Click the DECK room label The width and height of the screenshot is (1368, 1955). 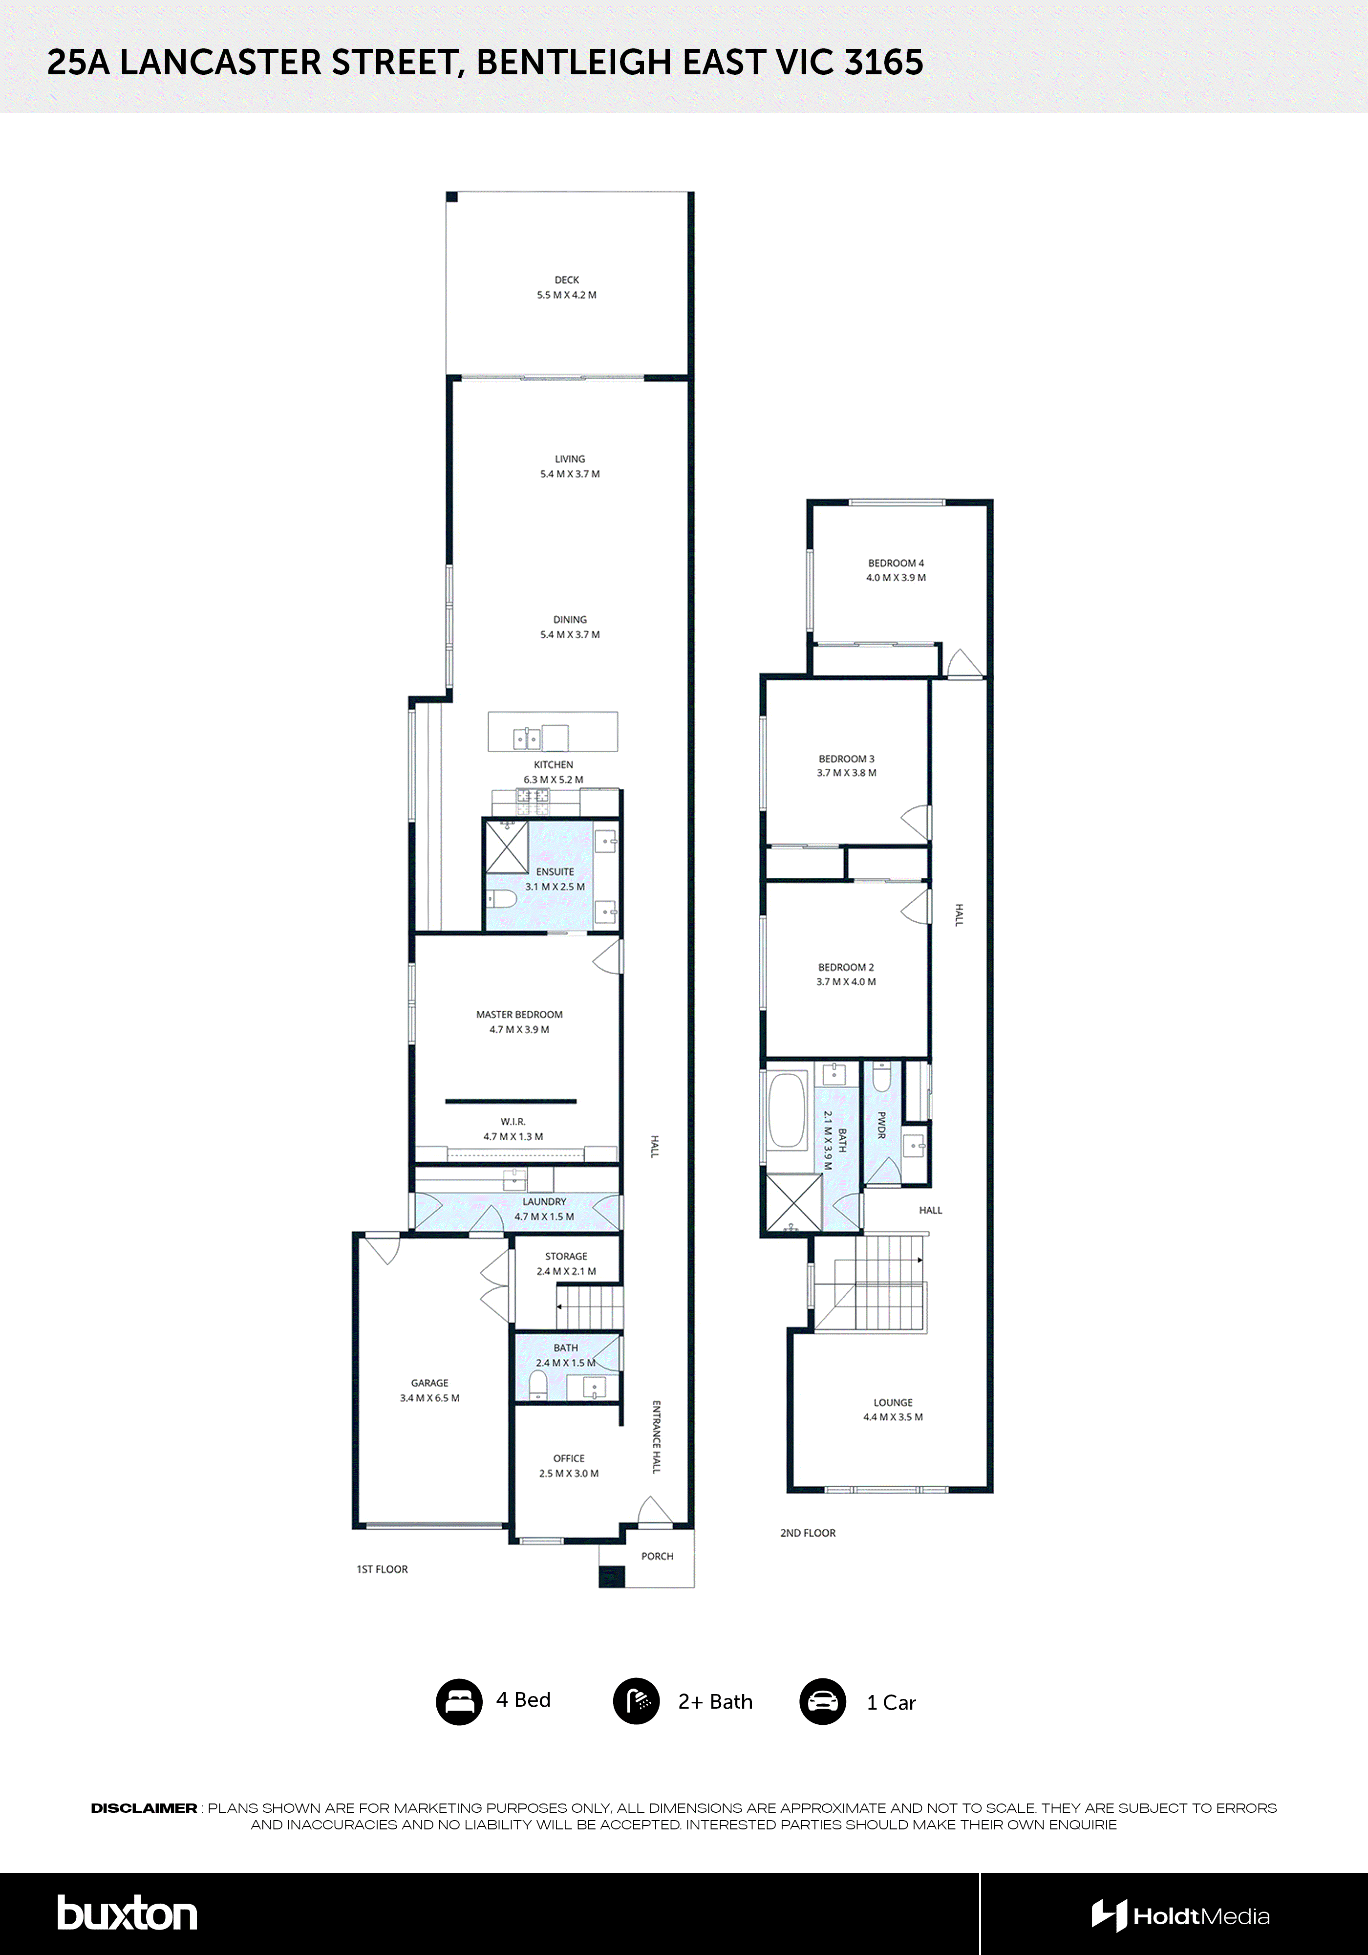(x=566, y=279)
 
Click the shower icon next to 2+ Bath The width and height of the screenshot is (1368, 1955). (x=636, y=1701)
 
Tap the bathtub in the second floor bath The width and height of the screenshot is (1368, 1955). (x=787, y=1111)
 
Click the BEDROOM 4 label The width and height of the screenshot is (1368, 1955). (x=896, y=563)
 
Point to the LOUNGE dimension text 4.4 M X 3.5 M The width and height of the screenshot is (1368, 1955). (x=893, y=1417)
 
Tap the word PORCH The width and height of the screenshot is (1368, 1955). (x=657, y=1556)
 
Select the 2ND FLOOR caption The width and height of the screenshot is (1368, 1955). (x=808, y=1533)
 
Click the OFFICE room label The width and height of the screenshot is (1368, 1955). (x=569, y=1458)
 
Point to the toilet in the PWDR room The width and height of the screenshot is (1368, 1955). (x=882, y=1079)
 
